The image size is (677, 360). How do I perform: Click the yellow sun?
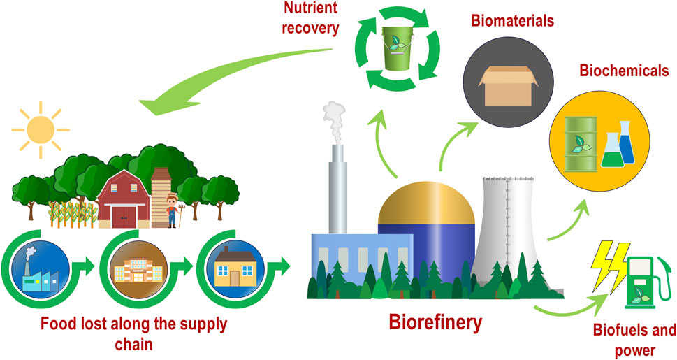click(41, 129)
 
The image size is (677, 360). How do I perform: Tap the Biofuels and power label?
click(634, 340)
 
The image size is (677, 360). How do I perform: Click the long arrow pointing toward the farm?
click(231, 77)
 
